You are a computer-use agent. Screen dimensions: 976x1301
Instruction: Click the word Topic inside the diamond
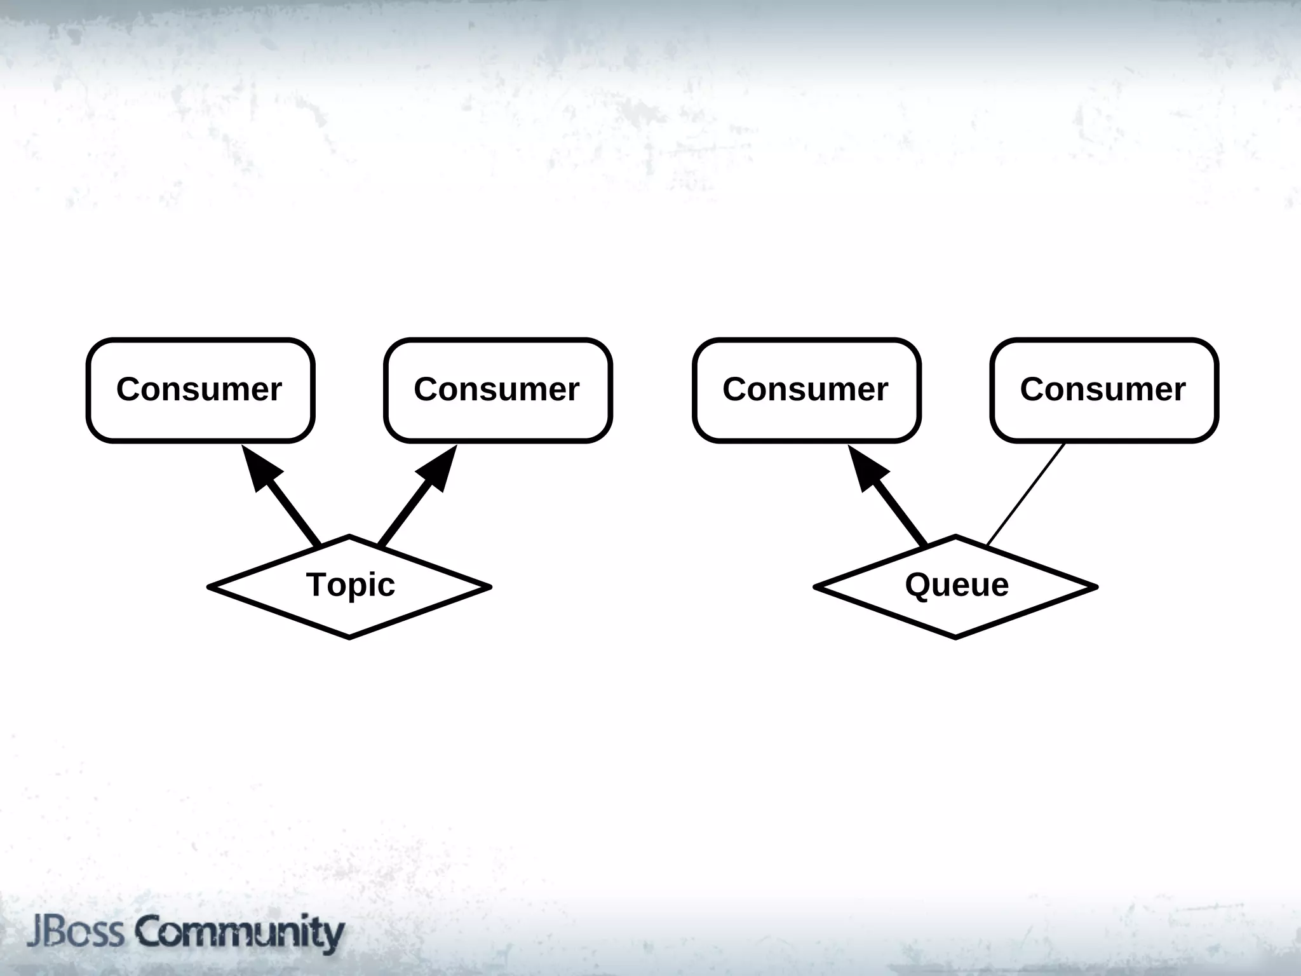pyautogui.click(x=350, y=585)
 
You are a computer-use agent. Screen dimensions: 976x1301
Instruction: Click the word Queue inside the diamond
pyautogui.click(x=957, y=585)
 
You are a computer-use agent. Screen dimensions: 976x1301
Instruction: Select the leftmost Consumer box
pyautogui.click(x=200, y=390)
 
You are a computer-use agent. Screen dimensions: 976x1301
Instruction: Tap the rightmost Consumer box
pyautogui.click(x=1103, y=390)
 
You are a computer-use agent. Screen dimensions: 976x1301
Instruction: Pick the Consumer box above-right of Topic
pyautogui.click(x=497, y=390)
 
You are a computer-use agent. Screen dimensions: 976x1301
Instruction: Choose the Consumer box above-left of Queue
pyautogui.click(x=806, y=390)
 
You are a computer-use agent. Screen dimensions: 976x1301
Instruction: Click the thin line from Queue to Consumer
pyautogui.click(x=1026, y=494)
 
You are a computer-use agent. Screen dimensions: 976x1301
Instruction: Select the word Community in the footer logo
pyautogui.click(x=239, y=932)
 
